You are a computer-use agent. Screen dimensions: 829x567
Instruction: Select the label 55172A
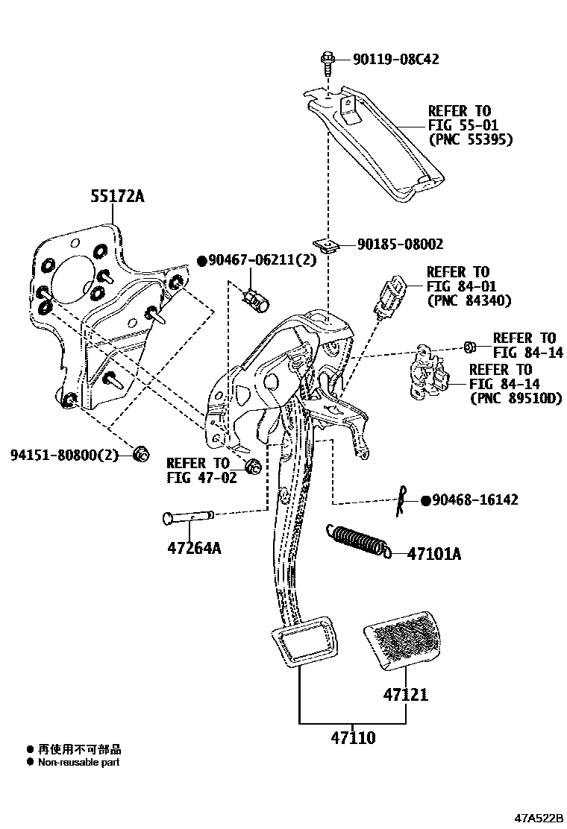116,197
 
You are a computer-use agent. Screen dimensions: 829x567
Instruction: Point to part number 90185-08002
400,244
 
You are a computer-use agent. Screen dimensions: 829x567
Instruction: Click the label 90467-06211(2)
261,260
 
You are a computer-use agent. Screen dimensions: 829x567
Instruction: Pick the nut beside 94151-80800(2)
140,453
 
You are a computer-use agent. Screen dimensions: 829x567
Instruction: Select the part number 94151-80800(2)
65,454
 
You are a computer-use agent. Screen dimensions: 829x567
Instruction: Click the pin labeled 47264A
188,515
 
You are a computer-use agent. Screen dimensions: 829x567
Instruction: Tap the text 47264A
195,549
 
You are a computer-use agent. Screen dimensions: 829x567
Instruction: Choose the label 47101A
434,553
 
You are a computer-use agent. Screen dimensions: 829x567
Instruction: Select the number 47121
406,695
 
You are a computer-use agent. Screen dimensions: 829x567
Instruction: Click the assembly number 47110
353,738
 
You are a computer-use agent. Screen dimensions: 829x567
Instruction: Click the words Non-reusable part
78,762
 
